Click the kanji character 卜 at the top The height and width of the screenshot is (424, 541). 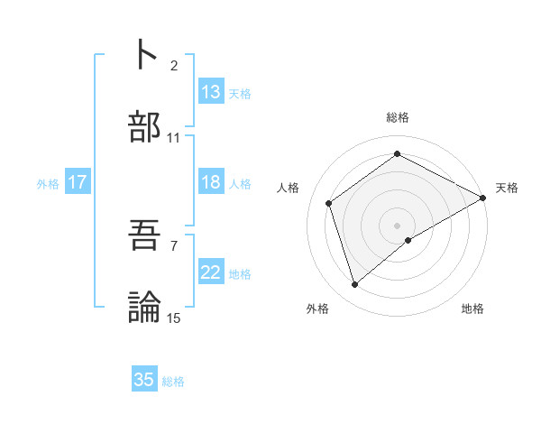click(x=146, y=56)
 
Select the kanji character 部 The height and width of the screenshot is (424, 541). click(x=146, y=127)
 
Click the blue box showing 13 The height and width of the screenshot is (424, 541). click(x=211, y=92)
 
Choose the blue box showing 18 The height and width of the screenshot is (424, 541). click(x=211, y=182)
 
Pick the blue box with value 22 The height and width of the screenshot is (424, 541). click(x=211, y=272)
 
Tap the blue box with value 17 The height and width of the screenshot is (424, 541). click(x=78, y=182)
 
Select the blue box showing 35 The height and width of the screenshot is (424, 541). click(x=144, y=380)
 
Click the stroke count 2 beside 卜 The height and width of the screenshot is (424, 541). click(x=174, y=66)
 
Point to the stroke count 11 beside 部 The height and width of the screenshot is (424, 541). click(x=174, y=138)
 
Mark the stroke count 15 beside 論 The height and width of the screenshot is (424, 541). click(x=174, y=318)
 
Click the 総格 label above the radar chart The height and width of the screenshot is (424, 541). click(x=398, y=118)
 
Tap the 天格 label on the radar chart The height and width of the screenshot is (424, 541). click(x=507, y=188)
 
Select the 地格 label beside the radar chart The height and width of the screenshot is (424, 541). click(x=472, y=309)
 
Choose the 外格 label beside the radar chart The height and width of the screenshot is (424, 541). click(x=317, y=309)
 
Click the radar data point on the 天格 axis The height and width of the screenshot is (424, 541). click(x=483, y=198)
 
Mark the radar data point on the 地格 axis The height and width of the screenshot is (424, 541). click(x=408, y=240)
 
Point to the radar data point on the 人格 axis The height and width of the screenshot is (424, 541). click(x=329, y=203)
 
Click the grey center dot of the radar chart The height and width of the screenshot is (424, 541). click(x=398, y=225)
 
